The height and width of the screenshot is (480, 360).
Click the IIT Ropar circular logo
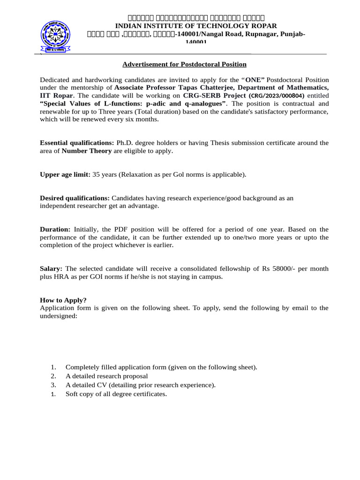(56, 36)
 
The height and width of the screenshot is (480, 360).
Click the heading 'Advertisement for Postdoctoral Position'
(184, 64)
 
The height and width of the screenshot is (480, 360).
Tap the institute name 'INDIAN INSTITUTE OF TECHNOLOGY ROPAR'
(189, 26)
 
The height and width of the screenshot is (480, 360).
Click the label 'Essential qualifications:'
(77, 142)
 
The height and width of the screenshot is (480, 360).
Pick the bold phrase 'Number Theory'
(87, 150)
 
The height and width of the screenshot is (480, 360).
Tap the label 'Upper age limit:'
(65, 174)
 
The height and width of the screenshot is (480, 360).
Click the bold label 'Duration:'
(55, 229)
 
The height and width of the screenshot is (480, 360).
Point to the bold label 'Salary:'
(51, 269)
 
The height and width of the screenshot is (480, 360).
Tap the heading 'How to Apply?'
(63, 300)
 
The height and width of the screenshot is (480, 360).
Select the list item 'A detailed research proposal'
(106, 376)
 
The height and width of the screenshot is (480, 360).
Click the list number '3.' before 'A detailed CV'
(53, 385)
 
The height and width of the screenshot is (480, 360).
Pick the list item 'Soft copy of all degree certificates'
(116, 394)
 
